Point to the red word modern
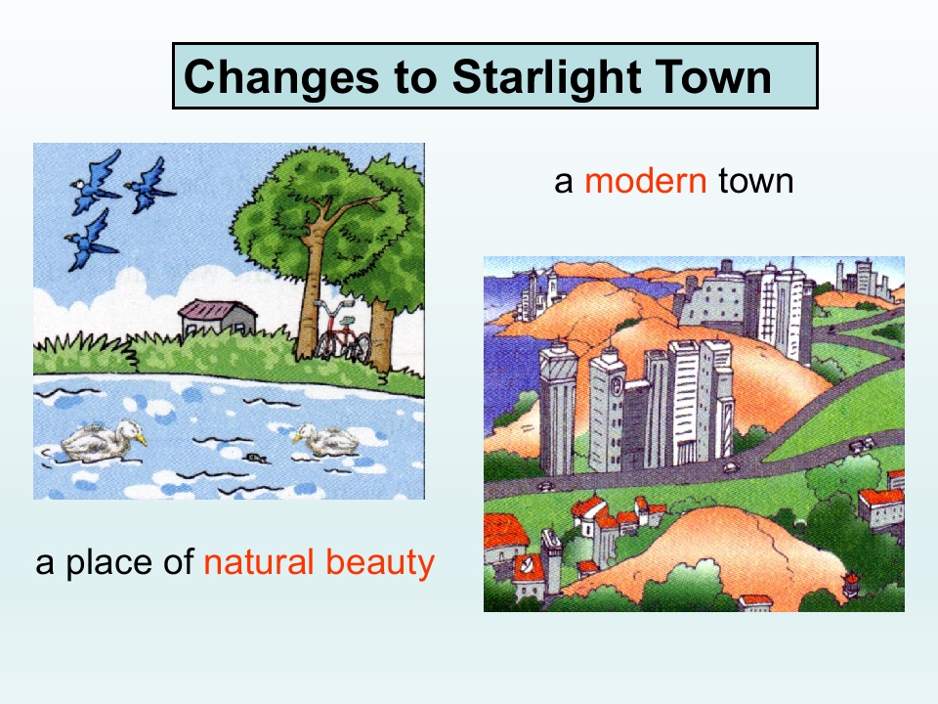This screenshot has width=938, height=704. tap(645, 181)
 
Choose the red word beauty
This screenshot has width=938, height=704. tap(384, 563)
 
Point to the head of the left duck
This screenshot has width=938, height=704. tap(127, 429)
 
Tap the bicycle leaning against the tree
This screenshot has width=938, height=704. tap(341, 333)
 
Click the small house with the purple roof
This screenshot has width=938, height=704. tap(217, 317)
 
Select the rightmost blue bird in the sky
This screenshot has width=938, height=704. tap(149, 184)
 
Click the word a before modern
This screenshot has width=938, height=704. tap(564, 181)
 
